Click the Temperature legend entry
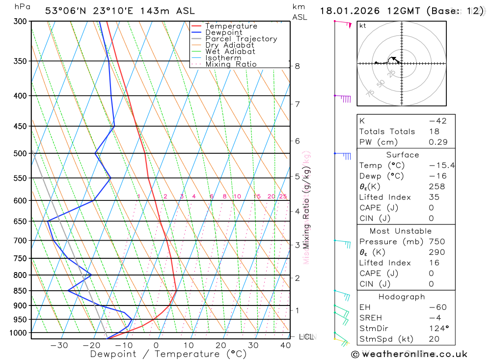coord(231,26)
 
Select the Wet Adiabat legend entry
coord(230,52)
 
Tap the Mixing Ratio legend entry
coord(231,64)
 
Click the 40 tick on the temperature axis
coord(286,345)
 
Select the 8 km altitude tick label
coord(298,66)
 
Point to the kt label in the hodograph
coord(363,26)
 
